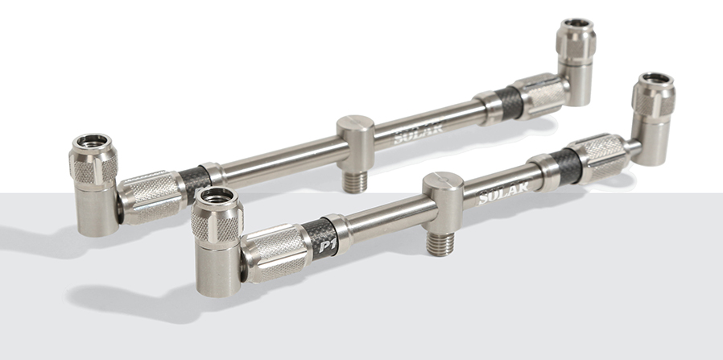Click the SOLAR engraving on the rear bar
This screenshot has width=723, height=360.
click(418, 132)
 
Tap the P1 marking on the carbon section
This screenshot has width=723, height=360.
click(328, 245)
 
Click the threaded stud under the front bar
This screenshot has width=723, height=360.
click(440, 244)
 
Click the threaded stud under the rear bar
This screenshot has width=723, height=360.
click(354, 182)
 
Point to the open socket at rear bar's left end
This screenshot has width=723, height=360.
click(93, 141)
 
